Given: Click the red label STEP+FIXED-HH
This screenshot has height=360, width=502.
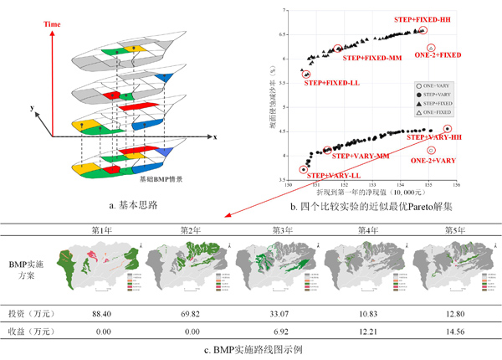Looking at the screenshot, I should point(424,18).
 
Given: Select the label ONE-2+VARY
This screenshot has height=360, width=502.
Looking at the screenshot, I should point(434,159).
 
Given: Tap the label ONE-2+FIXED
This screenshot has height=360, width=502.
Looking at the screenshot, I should point(438,55).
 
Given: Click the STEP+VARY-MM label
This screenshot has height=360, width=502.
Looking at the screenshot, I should point(361,156).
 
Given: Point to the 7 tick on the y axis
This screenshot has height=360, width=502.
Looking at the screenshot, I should point(283,11).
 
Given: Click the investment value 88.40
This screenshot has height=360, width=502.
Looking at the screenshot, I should point(102,311).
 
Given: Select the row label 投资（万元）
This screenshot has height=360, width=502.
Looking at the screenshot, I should point(31,311).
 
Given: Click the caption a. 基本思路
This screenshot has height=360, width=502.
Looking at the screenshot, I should point(124,203).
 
